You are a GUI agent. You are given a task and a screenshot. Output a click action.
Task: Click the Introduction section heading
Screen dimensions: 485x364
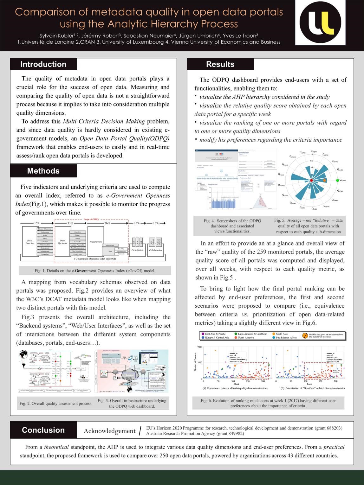point(43,64)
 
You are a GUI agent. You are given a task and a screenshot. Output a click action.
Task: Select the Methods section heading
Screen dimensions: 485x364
point(43,171)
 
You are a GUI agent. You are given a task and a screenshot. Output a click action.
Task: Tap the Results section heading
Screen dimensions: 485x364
point(220,64)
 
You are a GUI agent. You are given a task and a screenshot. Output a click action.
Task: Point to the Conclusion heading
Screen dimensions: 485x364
point(43,430)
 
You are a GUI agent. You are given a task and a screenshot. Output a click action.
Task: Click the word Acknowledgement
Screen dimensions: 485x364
point(109,431)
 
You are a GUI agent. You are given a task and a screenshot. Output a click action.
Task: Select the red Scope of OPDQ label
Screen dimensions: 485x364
point(91,219)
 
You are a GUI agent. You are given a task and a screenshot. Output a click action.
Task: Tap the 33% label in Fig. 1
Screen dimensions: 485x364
point(70,223)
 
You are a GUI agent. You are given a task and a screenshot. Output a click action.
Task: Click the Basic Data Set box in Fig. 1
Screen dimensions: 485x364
point(30,242)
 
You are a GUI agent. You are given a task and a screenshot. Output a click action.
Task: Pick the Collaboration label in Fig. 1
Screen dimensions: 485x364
point(155,250)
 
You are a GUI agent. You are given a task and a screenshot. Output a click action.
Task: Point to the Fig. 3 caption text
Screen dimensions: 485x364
point(132,403)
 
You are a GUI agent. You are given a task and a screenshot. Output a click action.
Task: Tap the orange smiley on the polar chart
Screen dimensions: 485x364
point(324,180)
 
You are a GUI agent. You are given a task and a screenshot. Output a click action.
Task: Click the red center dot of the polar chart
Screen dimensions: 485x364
point(311,180)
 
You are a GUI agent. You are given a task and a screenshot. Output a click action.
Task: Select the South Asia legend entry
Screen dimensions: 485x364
point(282,334)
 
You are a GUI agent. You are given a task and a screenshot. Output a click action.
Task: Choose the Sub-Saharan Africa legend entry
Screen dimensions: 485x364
point(286,338)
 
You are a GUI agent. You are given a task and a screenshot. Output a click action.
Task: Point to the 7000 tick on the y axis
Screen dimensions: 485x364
point(199,348)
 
